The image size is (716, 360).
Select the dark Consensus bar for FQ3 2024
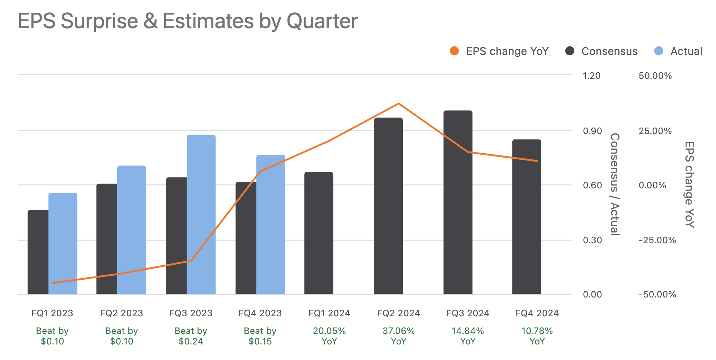[458, 202]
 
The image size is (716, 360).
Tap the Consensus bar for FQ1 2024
[319, 233]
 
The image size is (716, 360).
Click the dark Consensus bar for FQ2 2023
[107, 239]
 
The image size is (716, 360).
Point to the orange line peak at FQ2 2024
[399, 104]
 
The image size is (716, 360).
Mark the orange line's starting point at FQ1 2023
[53, 283]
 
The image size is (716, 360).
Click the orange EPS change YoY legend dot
[454, 51]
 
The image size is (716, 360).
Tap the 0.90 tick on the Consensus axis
[592, 131]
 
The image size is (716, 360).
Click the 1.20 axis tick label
[592, 76]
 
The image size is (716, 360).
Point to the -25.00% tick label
[657, 240]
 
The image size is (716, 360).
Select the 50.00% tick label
[655, 76]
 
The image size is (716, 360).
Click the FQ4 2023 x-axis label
[260, 313]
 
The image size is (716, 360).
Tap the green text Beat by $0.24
[191, 336]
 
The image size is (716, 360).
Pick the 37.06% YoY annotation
[399, 336]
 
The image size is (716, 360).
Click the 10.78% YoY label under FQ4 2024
[537, 336]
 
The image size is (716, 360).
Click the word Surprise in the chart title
[99, 21]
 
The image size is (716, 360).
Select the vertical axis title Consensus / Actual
[615, 184]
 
